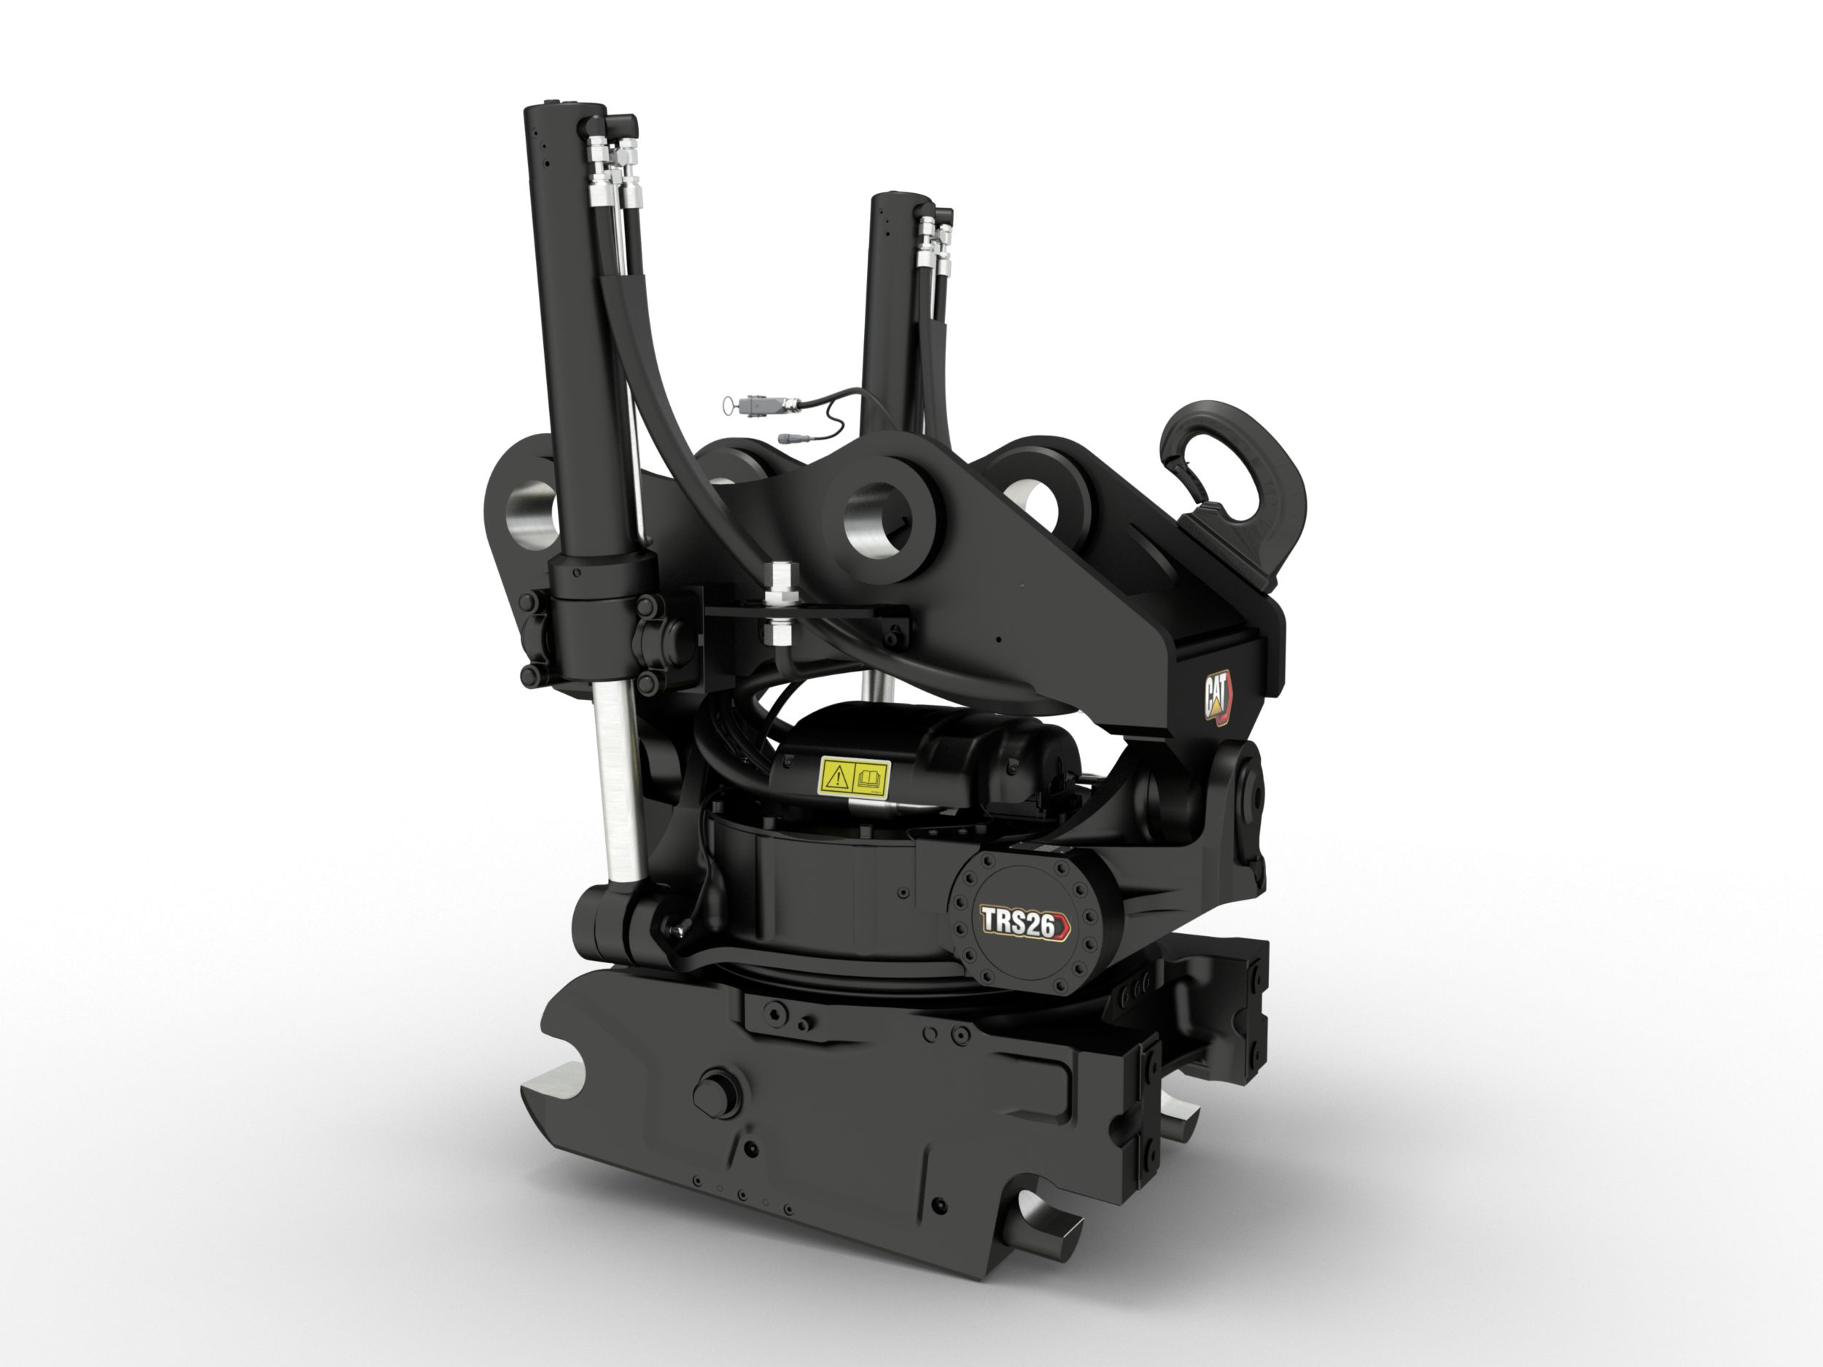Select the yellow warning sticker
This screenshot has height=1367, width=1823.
click(853, 778)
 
